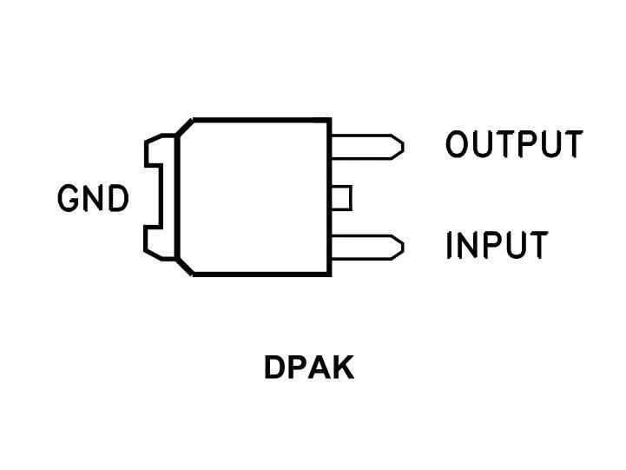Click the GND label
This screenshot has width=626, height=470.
[x=93, y=199]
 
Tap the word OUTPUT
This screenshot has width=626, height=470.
[x=513, y=144]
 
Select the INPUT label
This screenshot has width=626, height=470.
[x=497, y=246]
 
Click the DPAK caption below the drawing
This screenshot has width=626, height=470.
[x=308, y=368]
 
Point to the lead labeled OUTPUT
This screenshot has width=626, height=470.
[x=366, y=145]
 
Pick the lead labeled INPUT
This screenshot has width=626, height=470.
[x=366, y=247]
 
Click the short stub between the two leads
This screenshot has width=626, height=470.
[x=340, y=197]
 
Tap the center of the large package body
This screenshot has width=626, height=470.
[x=254, y=197]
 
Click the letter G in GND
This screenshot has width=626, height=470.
[x=69, y=199]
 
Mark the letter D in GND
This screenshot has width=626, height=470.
[x=116, y=199]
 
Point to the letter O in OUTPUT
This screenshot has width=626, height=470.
[x=458, y=144]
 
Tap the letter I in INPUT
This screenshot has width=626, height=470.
[x=451, y=246]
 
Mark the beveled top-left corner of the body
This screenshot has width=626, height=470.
[x=184, y=129]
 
